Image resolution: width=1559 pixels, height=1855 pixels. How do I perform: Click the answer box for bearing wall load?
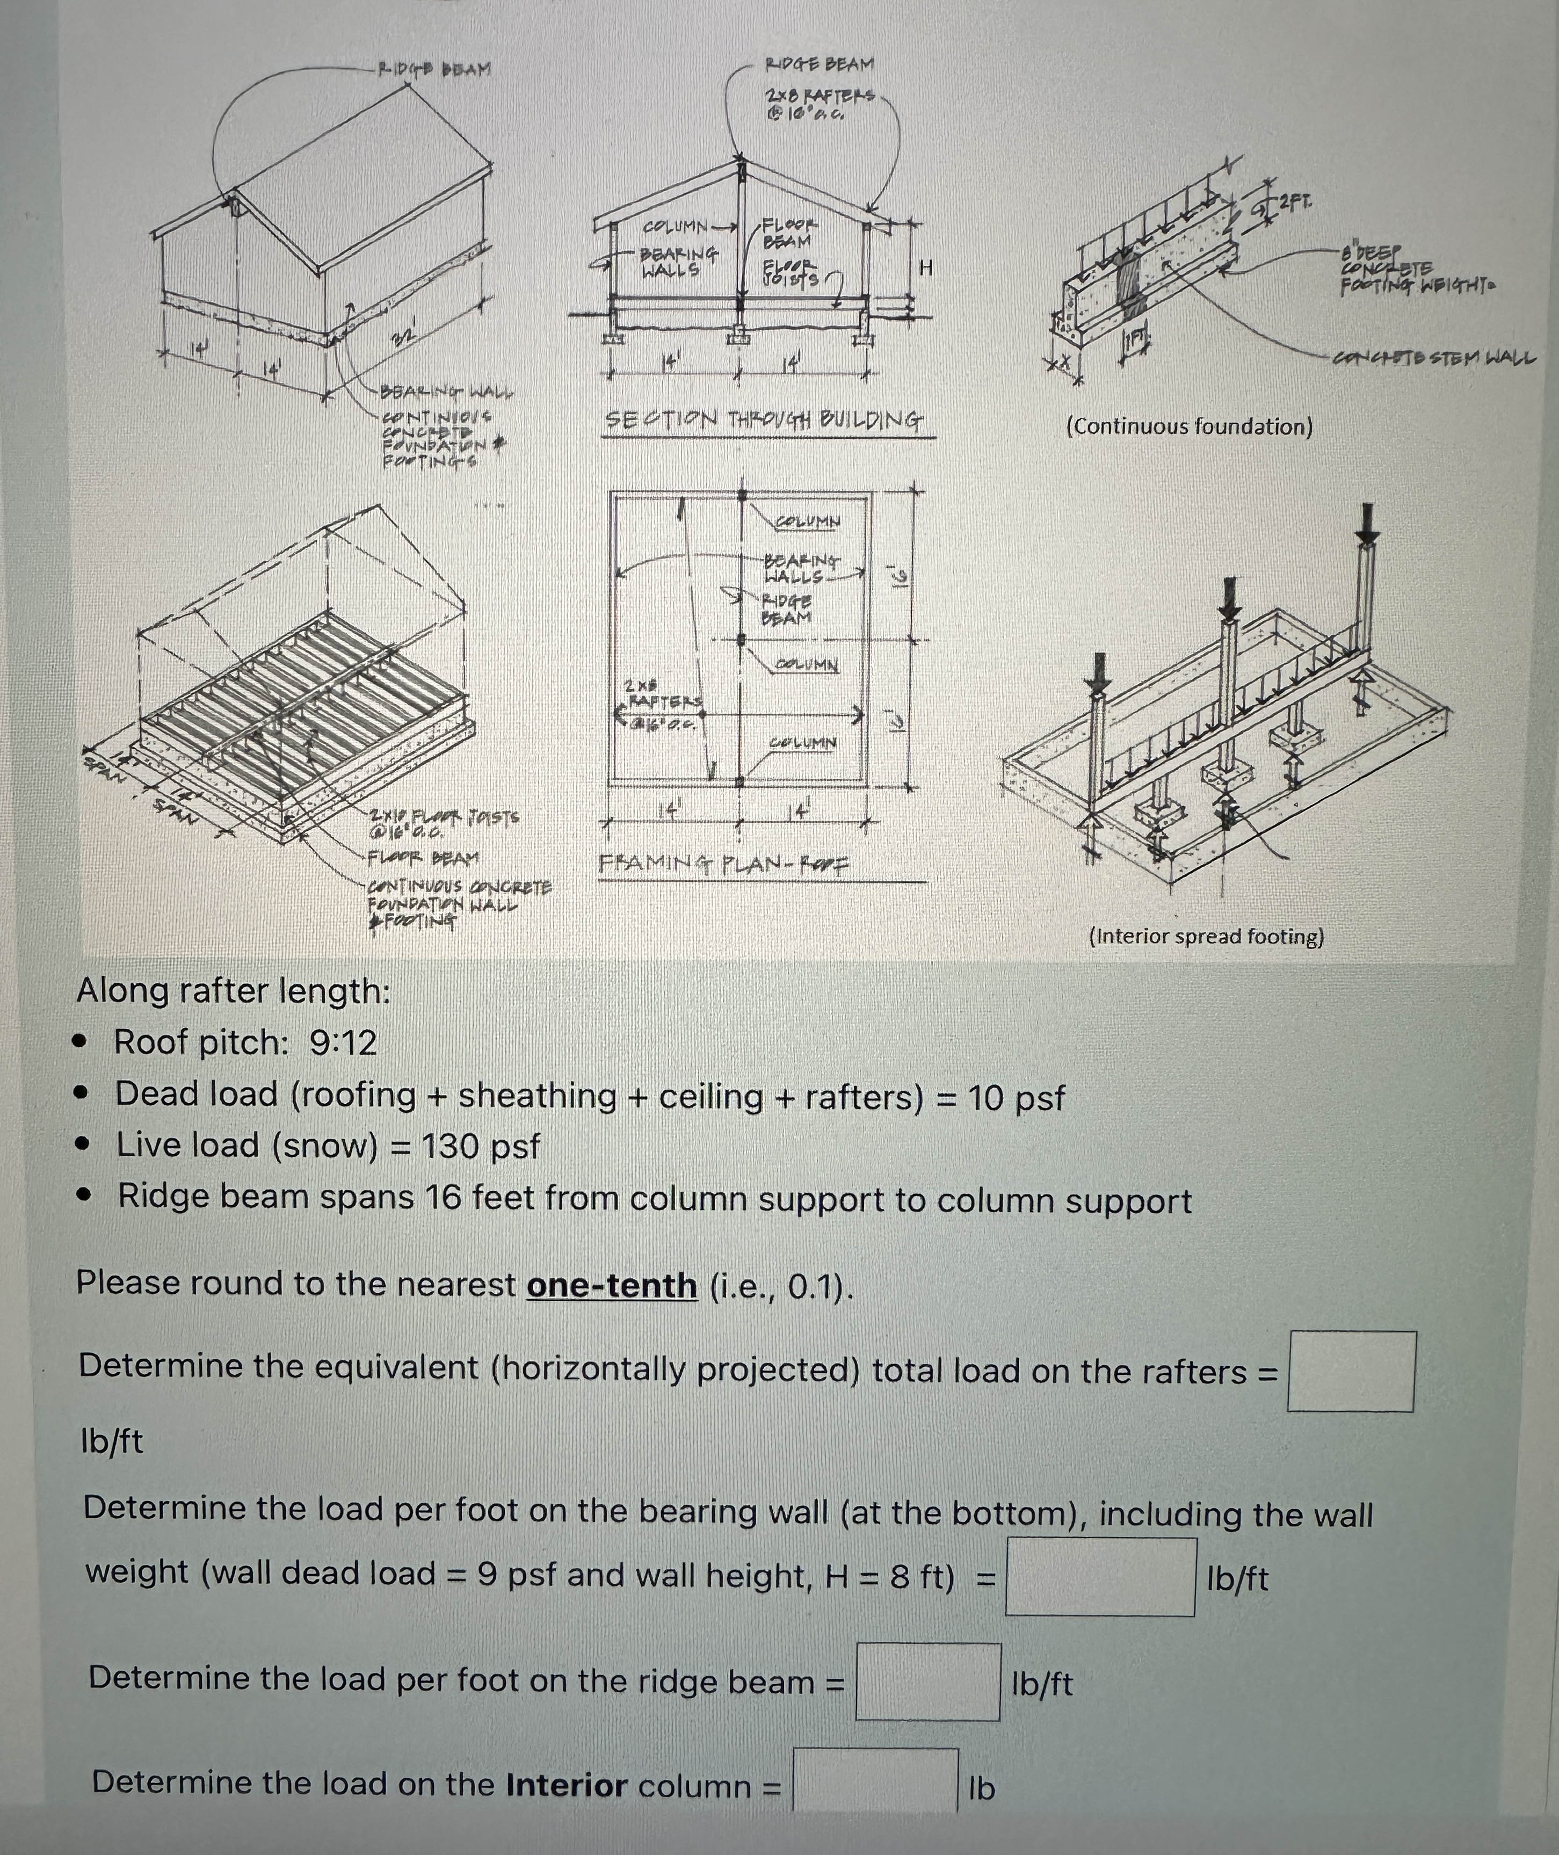(1100, 1577)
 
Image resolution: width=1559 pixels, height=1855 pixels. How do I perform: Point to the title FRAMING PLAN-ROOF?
(723, 864)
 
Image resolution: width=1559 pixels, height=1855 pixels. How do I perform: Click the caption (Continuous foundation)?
(1188, 427)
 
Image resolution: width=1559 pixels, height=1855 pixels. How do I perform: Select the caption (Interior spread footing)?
(1206, 936)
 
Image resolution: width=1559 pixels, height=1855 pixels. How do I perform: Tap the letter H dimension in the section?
(925, 267)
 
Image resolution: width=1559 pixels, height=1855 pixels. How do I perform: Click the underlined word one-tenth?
(612, 1284)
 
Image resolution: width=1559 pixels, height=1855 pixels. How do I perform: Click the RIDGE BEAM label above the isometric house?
(435, 69)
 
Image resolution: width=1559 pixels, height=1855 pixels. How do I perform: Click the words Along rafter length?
(233, 991)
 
